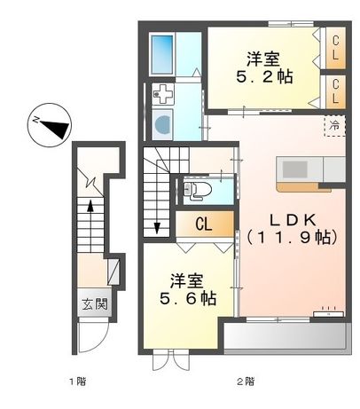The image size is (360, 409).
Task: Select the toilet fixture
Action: click(197, 188)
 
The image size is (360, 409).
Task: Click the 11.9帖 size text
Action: click(291, 238)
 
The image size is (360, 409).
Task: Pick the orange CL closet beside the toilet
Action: click(202, 223)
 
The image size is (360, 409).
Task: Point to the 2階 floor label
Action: click(239, 382)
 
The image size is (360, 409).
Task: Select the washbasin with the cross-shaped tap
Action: click(162, 93)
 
